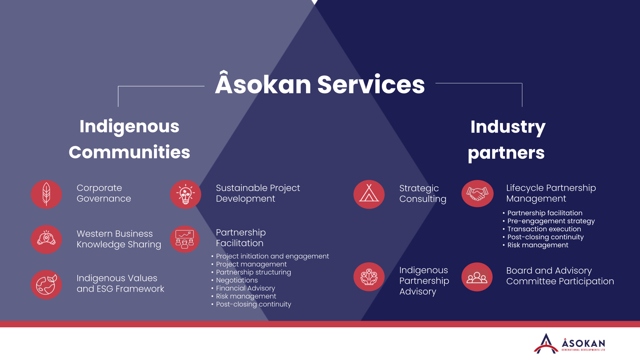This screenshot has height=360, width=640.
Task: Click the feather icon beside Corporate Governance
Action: pos(46,194)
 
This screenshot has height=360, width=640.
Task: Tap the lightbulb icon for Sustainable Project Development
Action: pos(186,194)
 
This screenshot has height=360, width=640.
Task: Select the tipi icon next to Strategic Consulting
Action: pos(369,194)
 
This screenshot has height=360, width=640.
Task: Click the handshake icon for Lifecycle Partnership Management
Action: pos(477,194)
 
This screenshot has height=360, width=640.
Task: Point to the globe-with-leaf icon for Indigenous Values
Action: pos(46,285)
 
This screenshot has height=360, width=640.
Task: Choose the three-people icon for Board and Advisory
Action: pos(477,277)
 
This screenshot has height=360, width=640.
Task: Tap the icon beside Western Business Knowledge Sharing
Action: pos(46,239)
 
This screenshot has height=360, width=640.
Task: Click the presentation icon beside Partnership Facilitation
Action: pos(185,239)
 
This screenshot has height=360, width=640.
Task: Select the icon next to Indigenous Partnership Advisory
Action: pos(369,277)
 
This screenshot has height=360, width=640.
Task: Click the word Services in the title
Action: pos(371,85)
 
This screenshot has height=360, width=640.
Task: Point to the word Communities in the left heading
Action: pos(129,152)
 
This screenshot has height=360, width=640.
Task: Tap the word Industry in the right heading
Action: pos(508,127)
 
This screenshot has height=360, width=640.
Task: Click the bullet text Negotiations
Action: pos(237,280)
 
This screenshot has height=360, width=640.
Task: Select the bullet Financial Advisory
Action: pos(245,288)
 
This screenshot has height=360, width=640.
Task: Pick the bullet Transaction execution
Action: pos(544,229)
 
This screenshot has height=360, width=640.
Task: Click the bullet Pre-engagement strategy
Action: pos(551,221)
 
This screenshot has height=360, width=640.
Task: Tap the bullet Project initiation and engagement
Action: pos(272,256)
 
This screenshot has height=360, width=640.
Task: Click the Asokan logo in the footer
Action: pos(569,344)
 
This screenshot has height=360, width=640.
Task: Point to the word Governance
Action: pos(104,199)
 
